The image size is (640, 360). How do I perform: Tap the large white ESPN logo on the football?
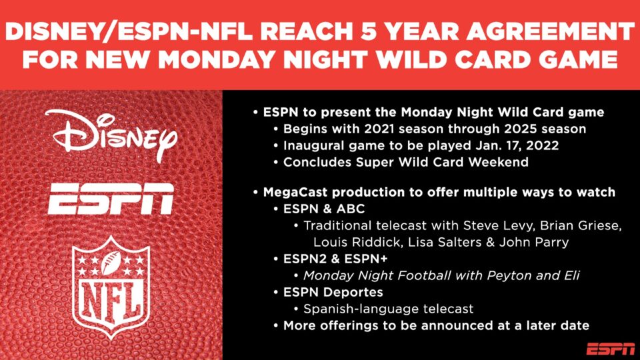coord(111,199)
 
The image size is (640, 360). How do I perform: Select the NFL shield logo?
coord(111,287)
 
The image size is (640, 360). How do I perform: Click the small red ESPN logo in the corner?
coord(610,349)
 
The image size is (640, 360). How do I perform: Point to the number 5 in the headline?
coord(369,31)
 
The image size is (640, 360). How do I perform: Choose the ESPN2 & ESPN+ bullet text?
coord(335,259)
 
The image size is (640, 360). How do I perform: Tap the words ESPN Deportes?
coord(333,293)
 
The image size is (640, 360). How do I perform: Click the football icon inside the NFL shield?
coord(111,263)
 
